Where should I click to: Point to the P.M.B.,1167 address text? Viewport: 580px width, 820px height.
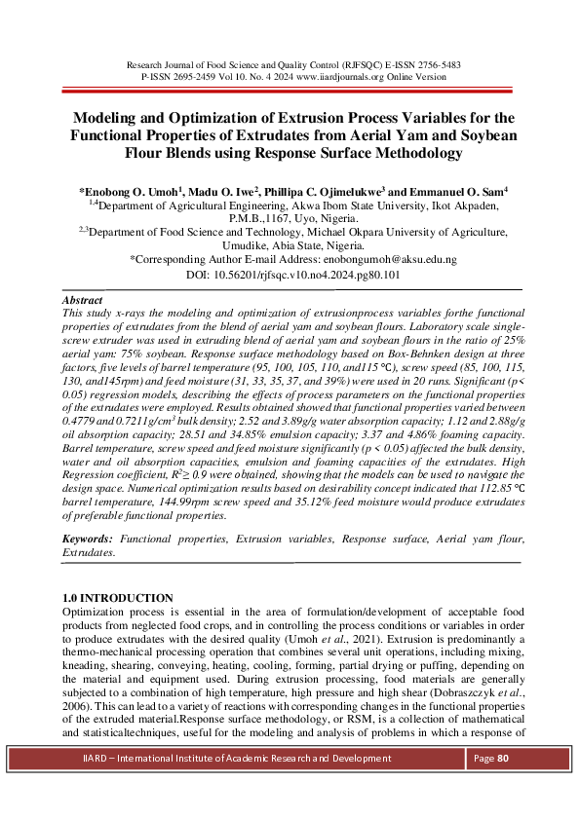(x=267, y=219)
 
